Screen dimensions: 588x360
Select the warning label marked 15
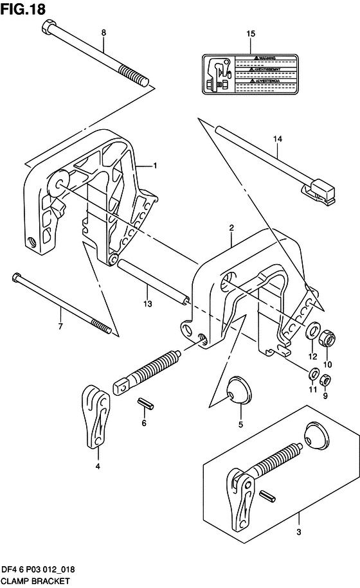click(x=251, y=75)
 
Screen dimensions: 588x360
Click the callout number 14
click(x=277, y=138)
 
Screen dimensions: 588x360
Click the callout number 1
click(x=155, y=166)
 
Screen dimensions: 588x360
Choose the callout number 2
click(x=231, y=227)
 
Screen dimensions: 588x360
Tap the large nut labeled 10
click(x=327, y=335)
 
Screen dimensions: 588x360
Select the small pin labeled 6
click(x=145, y=404)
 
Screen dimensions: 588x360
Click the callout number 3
click(x=298, y=531)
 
